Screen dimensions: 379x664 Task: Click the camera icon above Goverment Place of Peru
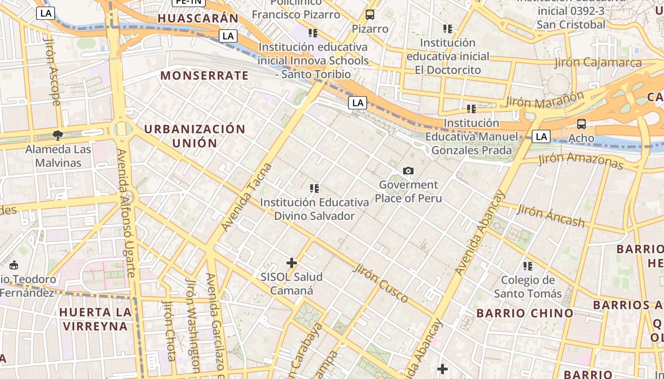click(x=408, y=171)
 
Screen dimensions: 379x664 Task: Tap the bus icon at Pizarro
click(x=370, y=15)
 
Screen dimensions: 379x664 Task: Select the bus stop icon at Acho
click(x=581, y=124)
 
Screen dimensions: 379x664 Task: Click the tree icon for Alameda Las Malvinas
click(x=58, y=135)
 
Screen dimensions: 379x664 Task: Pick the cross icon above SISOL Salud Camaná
click(x=292, y=262)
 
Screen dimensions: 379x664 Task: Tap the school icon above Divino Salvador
click(x=314, y=189)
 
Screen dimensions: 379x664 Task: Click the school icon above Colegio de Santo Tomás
click(x=528, y=266)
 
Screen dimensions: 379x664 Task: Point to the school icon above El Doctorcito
click(x=447, y=29)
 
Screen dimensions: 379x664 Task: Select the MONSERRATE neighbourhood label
click(x=204, y=75)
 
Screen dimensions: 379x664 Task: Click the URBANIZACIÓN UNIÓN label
click(x=194, y=136)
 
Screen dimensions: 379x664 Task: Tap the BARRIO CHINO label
click(x=525, y=313)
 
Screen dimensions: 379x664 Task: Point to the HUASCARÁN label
click(x=198, y=18)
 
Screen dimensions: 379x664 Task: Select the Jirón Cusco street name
click(x=381, y=283)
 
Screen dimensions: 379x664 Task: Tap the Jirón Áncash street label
click(x=551, y=216)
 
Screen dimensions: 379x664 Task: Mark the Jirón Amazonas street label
click(x=581, y=160)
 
